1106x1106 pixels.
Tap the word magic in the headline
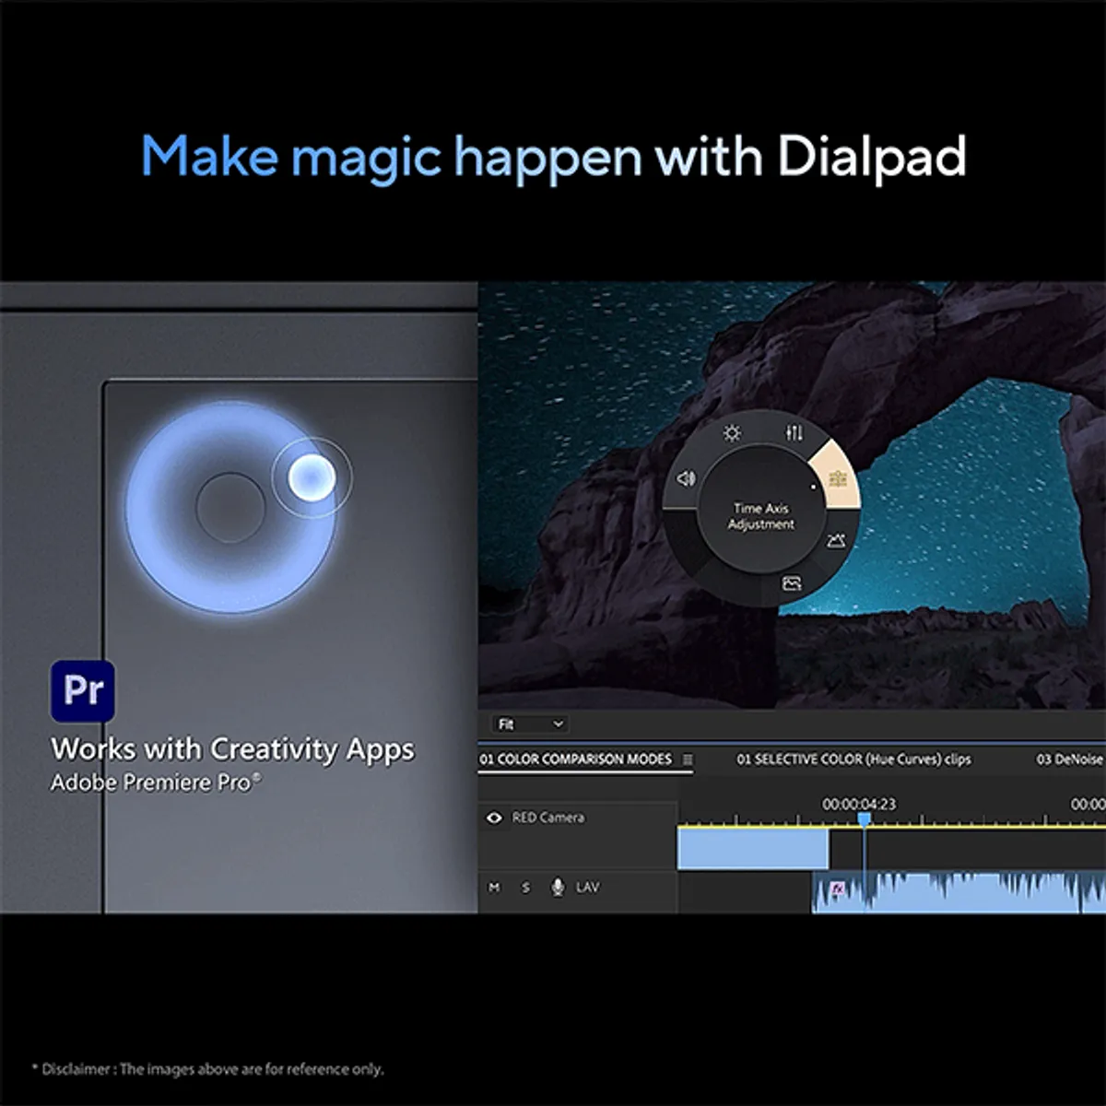click(x=366, y=159)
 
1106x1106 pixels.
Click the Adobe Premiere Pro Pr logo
click(x=83, y=690)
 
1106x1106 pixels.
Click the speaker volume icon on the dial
click(x=686, y=478)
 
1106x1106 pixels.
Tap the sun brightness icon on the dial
click(x=732, y=433)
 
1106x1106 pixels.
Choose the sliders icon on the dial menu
click(x=794, y=433)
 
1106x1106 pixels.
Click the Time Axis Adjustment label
click(x=761, y=516)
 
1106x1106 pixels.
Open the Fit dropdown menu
click(x=530, y=724)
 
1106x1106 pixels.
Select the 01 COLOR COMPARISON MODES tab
click(x=576, y=759)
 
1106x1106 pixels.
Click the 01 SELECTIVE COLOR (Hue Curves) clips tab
click(x=853, y=759)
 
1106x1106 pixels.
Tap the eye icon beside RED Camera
click(x=494, y=818)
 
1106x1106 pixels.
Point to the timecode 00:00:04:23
click(x=859, y=804)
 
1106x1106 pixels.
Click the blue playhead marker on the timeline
click(x=865, y=819)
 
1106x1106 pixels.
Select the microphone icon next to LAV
click(x=558, y=888)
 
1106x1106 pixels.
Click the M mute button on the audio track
click(x=494, y=888)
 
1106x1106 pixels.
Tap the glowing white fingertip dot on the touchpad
click(x=312, y=477)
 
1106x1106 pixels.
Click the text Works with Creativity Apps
click(x=232, y=749)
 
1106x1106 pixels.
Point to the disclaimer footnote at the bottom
click(x=207, y=1069)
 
